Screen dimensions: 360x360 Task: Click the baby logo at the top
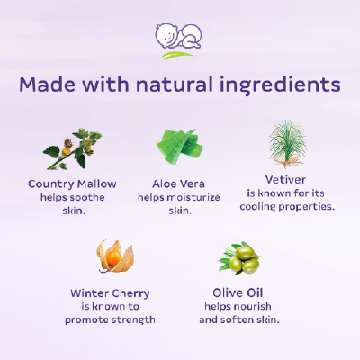pos(179,40)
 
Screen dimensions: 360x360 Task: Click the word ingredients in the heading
pos(283,85)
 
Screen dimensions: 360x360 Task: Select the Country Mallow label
pos(72,183)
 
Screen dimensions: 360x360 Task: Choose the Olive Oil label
pos(240,292)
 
